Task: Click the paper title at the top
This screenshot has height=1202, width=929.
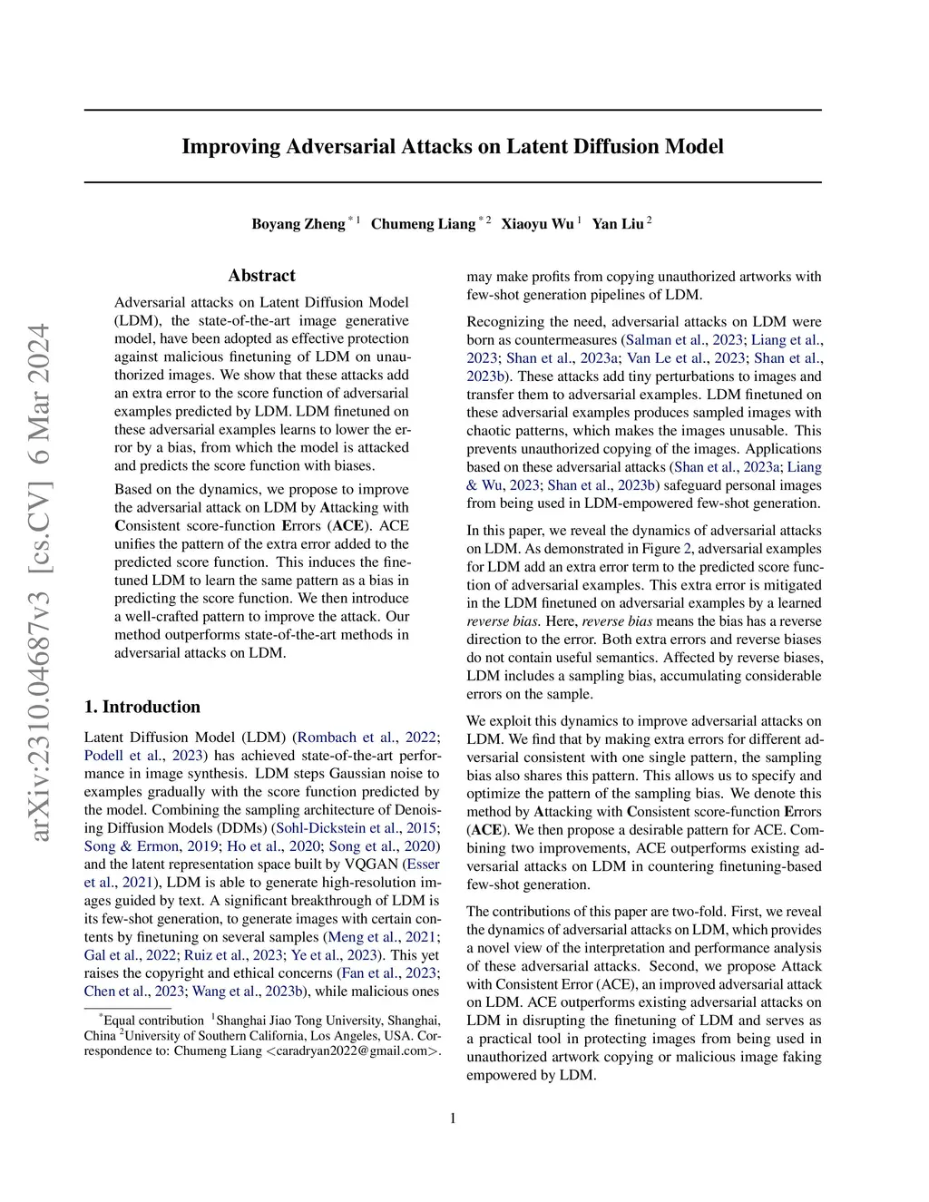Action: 452,147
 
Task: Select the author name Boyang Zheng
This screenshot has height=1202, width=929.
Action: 298,224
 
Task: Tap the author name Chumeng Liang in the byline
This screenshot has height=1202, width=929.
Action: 423,224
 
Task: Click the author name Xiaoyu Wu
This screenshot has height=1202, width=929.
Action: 537,224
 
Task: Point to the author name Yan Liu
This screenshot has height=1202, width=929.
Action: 618,224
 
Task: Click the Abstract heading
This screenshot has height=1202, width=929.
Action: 261,276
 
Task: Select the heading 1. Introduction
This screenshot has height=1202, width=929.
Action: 142,707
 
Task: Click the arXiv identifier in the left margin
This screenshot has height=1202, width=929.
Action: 40,581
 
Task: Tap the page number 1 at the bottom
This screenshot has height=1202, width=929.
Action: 453,1118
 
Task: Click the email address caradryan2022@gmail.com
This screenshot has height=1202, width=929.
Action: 351,1051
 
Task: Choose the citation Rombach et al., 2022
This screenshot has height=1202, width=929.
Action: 367,738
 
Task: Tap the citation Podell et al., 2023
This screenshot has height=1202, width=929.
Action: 143,756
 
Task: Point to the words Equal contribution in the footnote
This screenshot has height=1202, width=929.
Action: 153,1021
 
